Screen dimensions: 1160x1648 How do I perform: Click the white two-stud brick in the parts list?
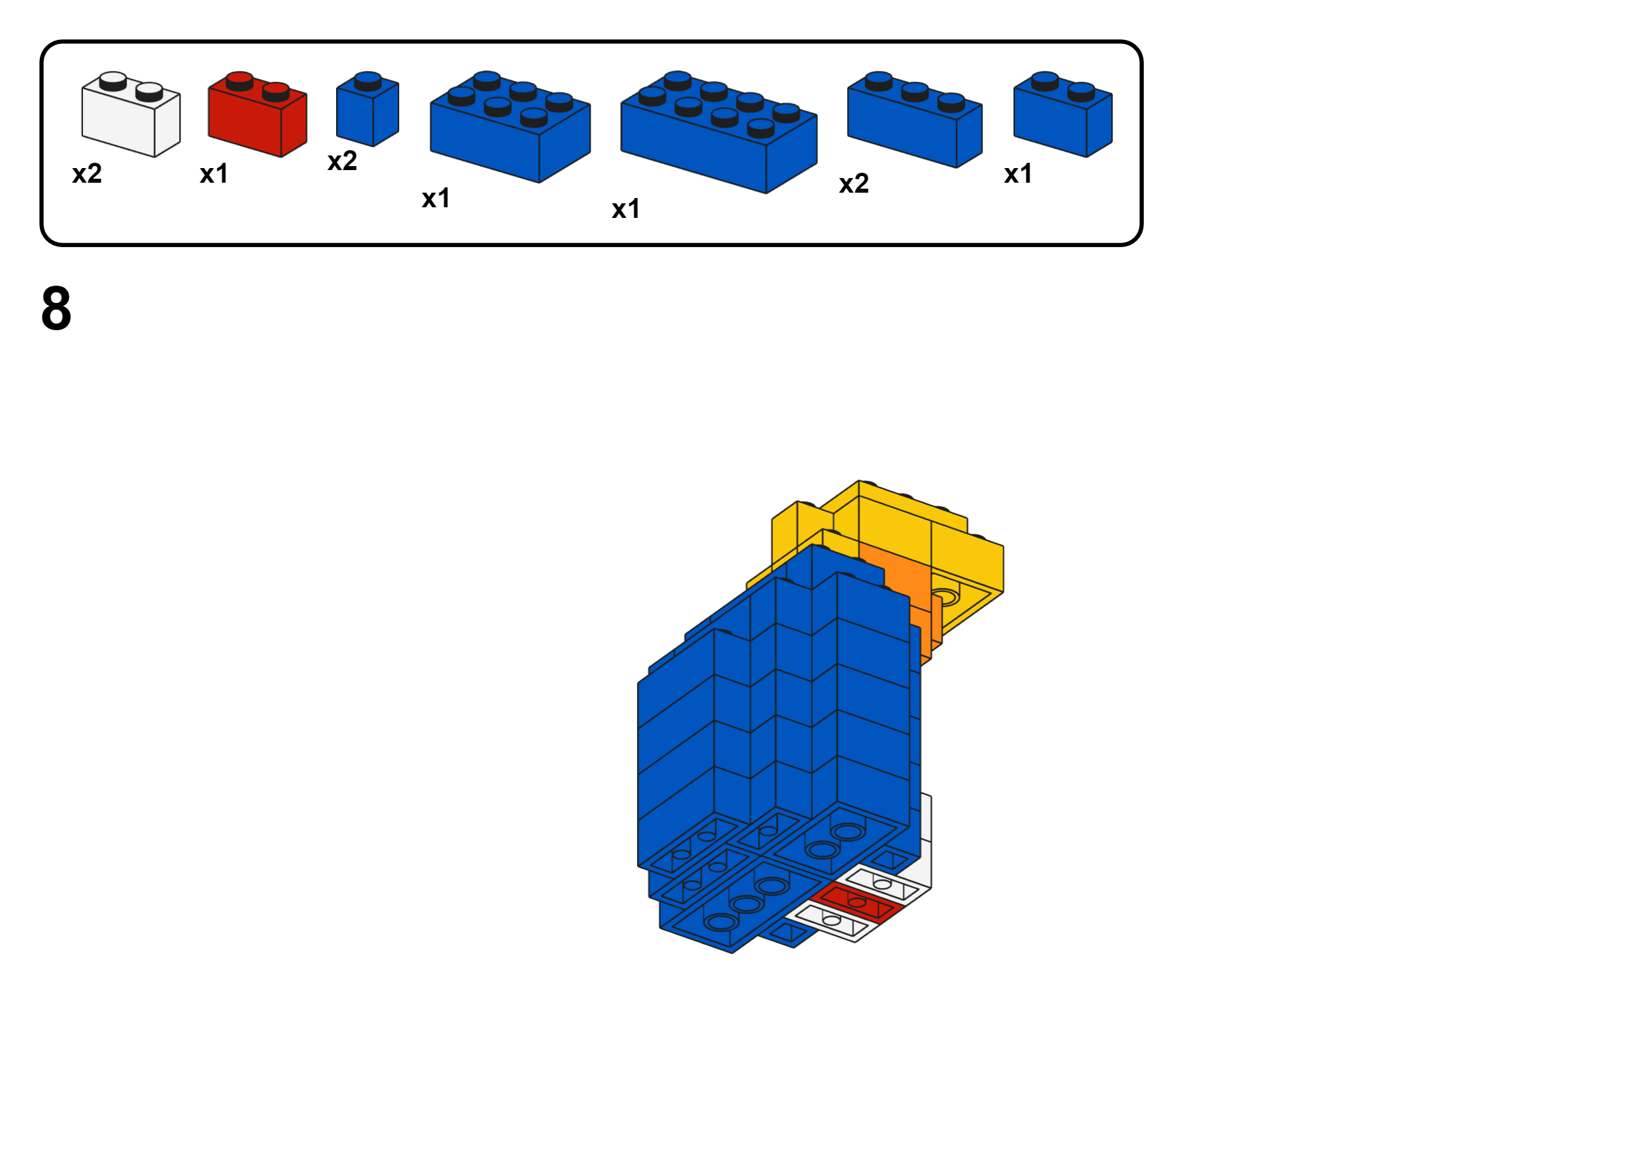pos(131,116)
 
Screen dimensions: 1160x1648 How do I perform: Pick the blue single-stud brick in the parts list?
pos(367,111)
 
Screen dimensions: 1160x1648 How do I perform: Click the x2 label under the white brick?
pos(87,173)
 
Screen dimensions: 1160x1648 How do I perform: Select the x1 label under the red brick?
pos(214,173)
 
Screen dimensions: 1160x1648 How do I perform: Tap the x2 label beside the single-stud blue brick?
pos(341,161)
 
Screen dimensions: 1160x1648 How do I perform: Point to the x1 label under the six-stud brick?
pos(436,198)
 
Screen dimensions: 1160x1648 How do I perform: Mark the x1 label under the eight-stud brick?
pos(626,209)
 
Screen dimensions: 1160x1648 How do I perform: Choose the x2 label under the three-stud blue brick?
pos(854,184)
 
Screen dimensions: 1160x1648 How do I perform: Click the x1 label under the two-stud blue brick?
pos(1018,173)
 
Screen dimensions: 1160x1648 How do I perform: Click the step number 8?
pos(56,309)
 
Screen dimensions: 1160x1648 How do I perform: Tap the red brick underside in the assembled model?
pos(856,902)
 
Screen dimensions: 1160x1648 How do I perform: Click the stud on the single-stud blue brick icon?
pos(367,79)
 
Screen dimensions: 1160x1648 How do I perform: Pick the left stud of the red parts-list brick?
pos(239,79)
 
